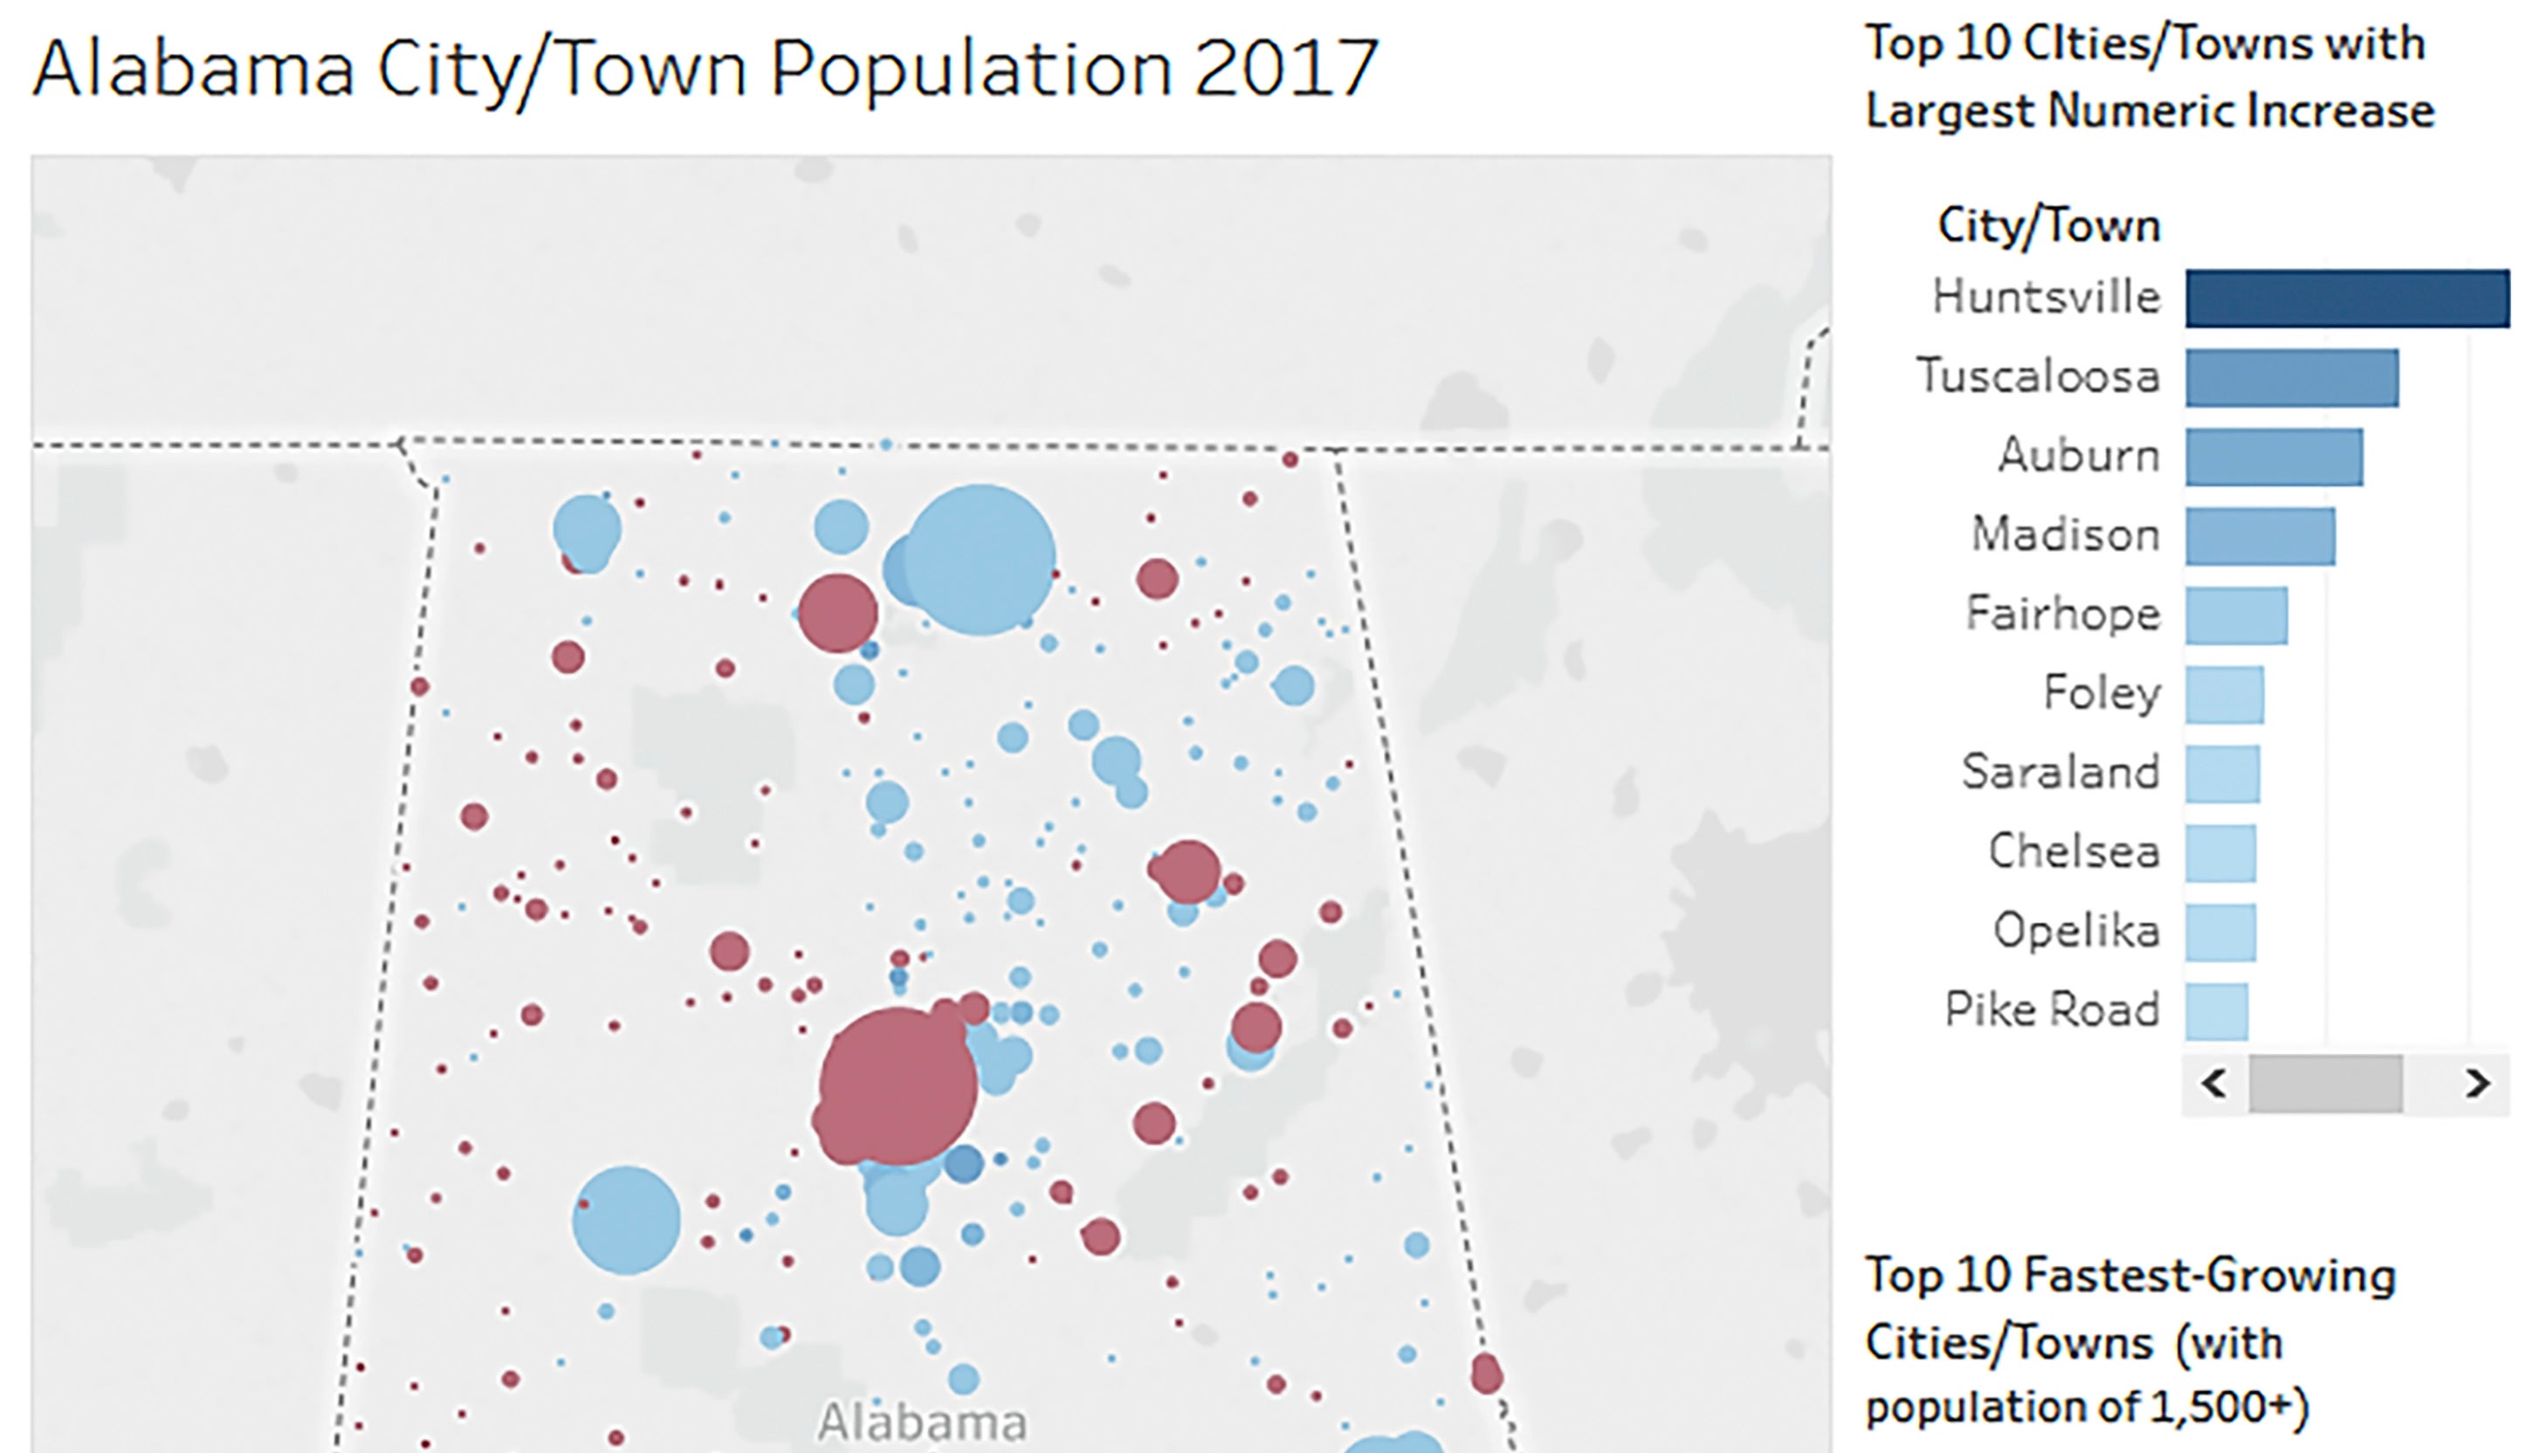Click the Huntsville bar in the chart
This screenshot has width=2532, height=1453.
(x=2346, y=299)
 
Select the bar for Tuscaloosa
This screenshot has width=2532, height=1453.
(x=2292, y=377)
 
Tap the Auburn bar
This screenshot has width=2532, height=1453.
(x=2274, y=457)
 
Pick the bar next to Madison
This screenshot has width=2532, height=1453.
(x=2260, y=536)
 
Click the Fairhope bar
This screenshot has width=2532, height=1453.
(x=2236, y=615)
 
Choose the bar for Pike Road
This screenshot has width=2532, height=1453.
(x=2217, y=1011)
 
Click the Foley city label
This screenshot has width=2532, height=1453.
(x=2101, y=692)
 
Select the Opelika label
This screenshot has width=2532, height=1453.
(x=2076, y=931)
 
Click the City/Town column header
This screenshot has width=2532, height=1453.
(x=2048, y=226)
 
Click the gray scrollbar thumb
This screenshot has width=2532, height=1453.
(x=2324, y=1083)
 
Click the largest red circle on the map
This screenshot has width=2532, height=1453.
(x=898, y=1085)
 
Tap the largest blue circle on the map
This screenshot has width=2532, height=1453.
(x=979, y=560)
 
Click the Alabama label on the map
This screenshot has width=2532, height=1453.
(x=921, y=1421)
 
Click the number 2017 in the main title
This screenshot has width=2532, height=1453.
(x=1285, y=68)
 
